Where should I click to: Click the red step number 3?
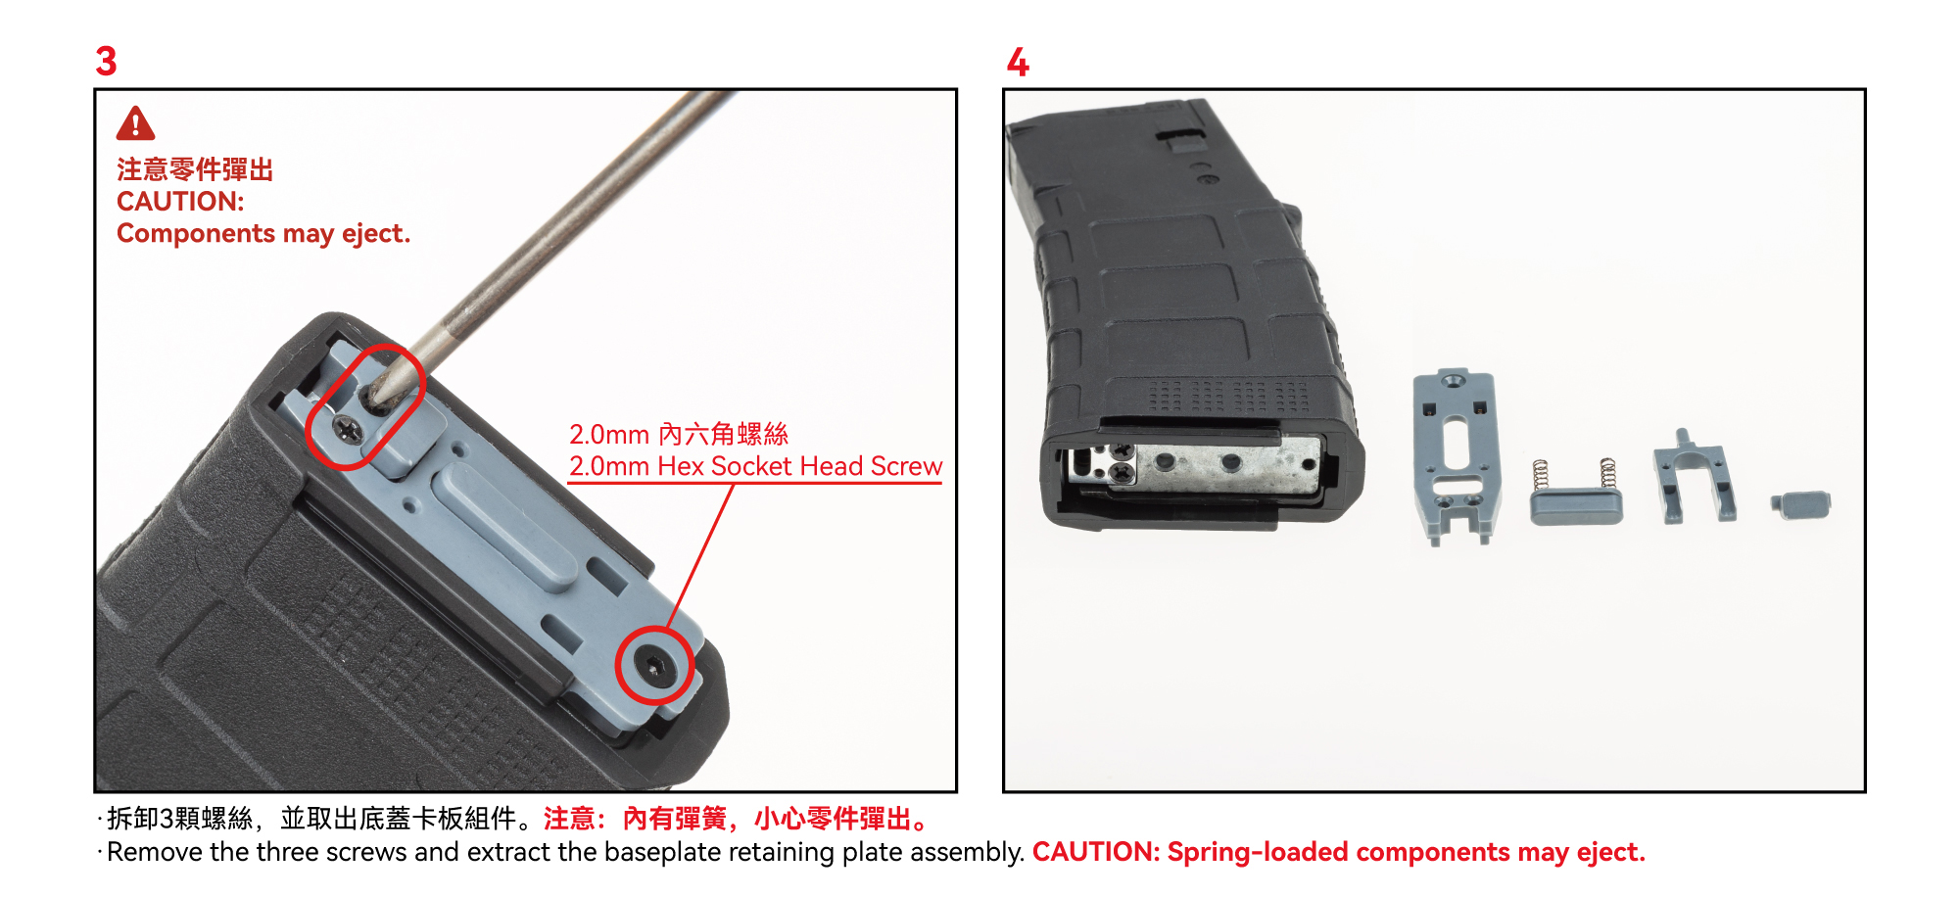[x=106, y=61]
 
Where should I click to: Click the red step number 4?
[x=1018, y=62]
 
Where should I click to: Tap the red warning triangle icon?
[x=135, y=124]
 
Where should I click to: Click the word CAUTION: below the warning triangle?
[x=180, y=202]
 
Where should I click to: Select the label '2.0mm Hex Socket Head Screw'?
[x=755, y=466]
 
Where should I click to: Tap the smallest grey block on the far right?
[x=1800, y=504]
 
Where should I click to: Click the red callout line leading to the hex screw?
[x=700, y=556]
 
